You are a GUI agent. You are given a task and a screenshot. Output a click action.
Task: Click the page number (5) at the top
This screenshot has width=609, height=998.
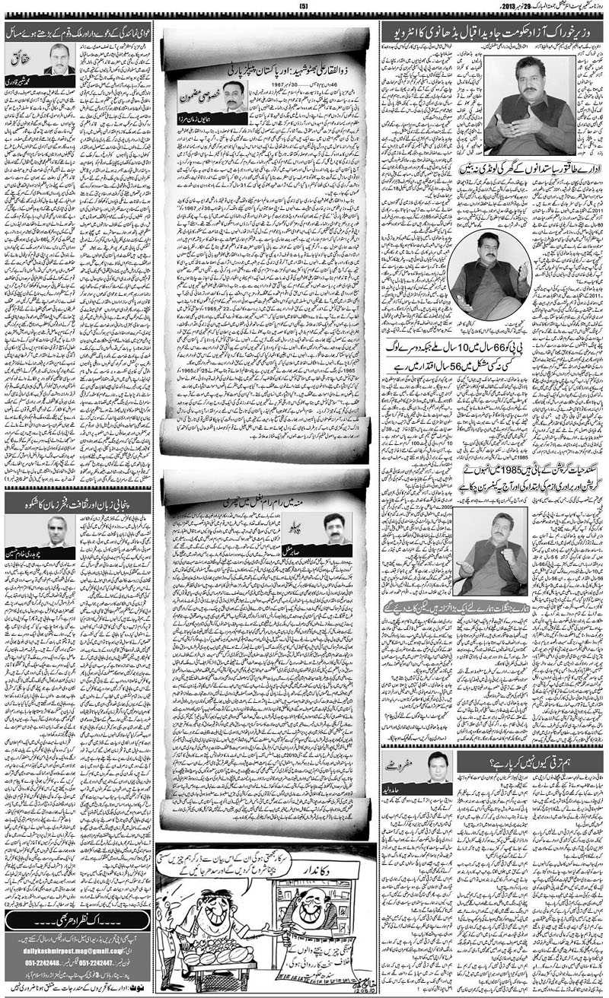coord(303,8)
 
